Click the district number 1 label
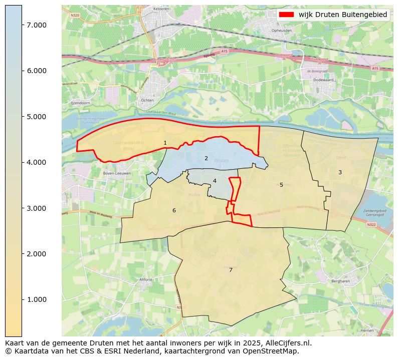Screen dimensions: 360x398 pyautogui.click(x=165, y=143)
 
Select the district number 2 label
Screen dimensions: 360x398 pyautogui.click(x=206, y=158)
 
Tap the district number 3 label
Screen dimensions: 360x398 pyautogui.click(x=340, y=172)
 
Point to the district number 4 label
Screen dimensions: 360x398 pyautogui.click(x=215, y=181)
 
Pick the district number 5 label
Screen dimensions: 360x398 pyautogui.click(x=281, y=185)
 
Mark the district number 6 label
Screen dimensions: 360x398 pyautogui.click(x=174, y=210)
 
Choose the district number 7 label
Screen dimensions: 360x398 pyautogui.click(x=231, y=270)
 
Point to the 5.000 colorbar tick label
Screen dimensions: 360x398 pyautogui.click(x=37, y=117)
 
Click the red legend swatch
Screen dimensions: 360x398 pyautogui.click(x=286, y=15)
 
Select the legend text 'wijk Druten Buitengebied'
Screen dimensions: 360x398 pyautogui.click(x=343, y=15)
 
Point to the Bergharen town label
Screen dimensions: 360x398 pyautogui.click(x=340, y=281)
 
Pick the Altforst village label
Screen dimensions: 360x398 pyautogui.click(x=146, y=279)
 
